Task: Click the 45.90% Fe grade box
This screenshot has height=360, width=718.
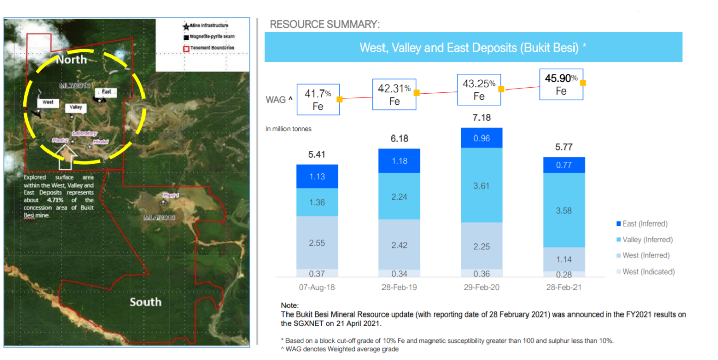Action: pos(561,84)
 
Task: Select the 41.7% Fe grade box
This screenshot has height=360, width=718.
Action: pos(318,99)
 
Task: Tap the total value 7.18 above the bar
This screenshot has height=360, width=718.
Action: pos(482,118)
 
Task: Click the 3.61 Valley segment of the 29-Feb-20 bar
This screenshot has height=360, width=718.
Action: pos(482,185)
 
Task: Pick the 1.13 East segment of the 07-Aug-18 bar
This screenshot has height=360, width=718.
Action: pos(317,176)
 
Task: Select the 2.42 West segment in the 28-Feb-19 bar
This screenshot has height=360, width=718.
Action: pos(399,244)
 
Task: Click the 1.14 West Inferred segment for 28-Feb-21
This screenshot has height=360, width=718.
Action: pos(564,259)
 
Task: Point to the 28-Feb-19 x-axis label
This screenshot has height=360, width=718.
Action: pos(399,287)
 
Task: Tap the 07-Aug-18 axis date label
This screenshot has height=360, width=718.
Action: pos(317,287)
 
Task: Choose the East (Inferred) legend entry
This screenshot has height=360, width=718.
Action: pos(645,223)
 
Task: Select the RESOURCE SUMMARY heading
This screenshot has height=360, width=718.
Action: pos(325,24)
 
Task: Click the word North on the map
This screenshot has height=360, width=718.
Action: pos(71,60)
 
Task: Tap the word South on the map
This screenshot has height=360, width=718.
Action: pos(146,302)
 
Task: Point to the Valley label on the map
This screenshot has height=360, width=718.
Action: pos(76,107)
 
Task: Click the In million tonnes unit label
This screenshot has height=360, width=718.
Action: pos(289,129)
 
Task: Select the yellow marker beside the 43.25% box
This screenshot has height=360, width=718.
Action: pos(501,89)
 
